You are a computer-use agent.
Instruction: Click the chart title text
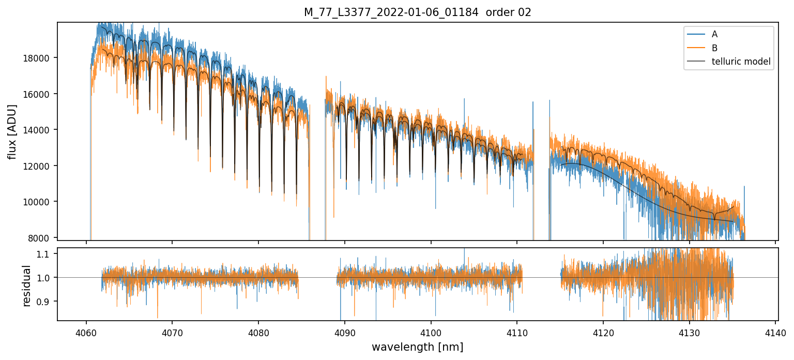[417, 12]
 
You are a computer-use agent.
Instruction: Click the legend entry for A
[714, 35]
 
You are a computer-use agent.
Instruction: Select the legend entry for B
[714, 48]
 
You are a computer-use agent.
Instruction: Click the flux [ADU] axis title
[12, 131]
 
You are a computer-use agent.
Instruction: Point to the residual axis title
[26, 286]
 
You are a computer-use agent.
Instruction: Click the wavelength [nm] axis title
[417, 347]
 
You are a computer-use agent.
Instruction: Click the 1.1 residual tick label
[46, 254]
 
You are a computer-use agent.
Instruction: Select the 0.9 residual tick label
[46, 302]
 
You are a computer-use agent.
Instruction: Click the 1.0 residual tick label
[46, 278]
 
